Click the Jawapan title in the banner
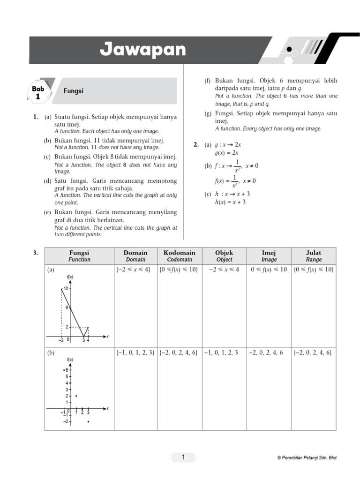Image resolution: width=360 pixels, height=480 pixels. coord(142,49)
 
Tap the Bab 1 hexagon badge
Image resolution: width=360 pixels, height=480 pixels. coord(38,92)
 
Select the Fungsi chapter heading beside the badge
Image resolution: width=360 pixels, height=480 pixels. coord(74,91)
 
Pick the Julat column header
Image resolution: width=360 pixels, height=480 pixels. coord(314,255)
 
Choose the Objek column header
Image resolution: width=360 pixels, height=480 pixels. coord(224,255)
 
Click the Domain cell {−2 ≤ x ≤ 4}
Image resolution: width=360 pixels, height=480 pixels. coord(135,270)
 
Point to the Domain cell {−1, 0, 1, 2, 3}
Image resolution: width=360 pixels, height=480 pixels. coord(135,352)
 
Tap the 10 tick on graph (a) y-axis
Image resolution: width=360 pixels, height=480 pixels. coord(67,289)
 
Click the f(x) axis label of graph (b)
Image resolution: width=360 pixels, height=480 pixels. coord(70,360)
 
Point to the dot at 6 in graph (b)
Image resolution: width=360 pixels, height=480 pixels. coord(64,370)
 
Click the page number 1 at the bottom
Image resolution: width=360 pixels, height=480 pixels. coord(183,457)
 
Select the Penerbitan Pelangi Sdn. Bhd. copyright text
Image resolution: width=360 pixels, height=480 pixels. coord(307,458)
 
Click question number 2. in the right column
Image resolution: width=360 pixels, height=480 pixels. coord(196,145)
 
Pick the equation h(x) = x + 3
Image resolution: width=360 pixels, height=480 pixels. coord(230,202)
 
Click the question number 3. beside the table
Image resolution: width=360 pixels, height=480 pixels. coord(36,253)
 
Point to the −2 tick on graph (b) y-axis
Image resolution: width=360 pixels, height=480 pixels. coord(66,421)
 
